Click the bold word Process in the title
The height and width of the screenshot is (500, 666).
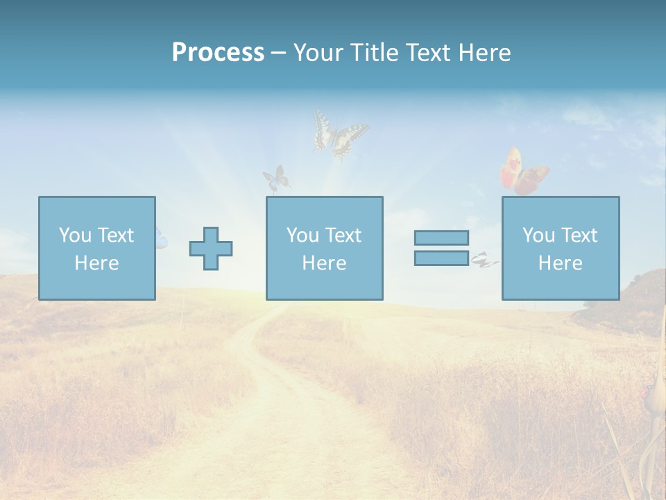[x=218, y=53]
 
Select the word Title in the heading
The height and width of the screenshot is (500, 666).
[x=373, y=53]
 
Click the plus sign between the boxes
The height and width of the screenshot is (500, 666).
[x=211, y=249]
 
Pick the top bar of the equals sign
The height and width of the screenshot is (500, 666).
[x=441, y=237]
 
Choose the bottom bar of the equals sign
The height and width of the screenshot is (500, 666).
[x=441, y=258]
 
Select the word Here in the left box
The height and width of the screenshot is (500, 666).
[x=96, y=263]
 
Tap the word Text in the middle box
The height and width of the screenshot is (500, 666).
[x=343, y=235]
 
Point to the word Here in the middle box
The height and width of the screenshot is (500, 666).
[x=324, y=263]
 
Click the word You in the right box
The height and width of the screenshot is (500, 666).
[x=538, y=235]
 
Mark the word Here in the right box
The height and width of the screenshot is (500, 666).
[x=560, y=263]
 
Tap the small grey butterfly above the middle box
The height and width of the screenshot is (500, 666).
[x=276, y=178]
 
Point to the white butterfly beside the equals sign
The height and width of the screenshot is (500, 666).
[x=484, y=261]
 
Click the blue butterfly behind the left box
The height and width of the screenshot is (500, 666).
[x=160, y=238]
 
